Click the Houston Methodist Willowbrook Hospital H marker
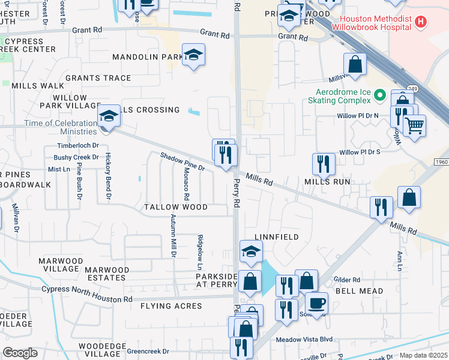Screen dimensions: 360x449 pyautogui.click(x=421, y=22)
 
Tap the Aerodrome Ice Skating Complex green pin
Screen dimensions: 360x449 pyautogui.click(x=379, y=95)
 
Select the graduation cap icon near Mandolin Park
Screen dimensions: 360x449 pyautogui.click(x=193, y=55)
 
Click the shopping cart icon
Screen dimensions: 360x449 pyautogui.click(x=414, y=126)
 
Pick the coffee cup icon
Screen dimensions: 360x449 pyautogui.click(x=316, y=302)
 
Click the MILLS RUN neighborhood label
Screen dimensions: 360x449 pyautogui.click(x=327, y=181)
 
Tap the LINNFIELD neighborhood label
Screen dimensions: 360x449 pyautogui.click(x=277, y=237)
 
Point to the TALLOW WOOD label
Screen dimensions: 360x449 pyautogui.click(x=176, y=207)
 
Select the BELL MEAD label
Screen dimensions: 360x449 pyautogui.click(x=359, y=291)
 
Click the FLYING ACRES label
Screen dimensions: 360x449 pyautogui.click(x=171, y=306)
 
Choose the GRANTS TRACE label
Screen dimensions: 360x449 pyautogui.click(x=98, y=78)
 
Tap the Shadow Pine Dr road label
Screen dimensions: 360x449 pyautogui.click(x=182, y=161)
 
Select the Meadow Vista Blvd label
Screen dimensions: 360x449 pyautogui.click(x=304, y=339)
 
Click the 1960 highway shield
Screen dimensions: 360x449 pyautogui.click(x=441, y=163)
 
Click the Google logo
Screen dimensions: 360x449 pyautogui.click(x=20, y=353)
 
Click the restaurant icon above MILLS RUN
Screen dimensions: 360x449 pyautogui.click(x=323, y=163)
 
